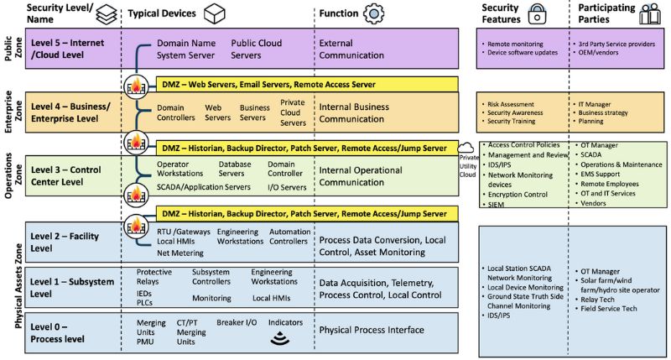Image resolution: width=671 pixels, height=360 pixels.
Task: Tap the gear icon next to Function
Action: pos(373,15)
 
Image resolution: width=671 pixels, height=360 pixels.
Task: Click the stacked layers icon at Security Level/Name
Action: pos(107,15)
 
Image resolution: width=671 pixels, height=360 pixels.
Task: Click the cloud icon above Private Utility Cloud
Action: pos(466,149)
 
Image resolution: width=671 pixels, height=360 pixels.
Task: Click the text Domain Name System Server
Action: pos(185,49)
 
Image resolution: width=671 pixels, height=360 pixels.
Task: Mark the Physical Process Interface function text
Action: pos(372,330)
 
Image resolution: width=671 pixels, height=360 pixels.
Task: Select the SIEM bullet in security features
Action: pos(497,204)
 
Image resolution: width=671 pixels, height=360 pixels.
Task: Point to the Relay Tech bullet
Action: pos(600,297)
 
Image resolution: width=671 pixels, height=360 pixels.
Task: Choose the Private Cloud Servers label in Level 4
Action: pos(293,112)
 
